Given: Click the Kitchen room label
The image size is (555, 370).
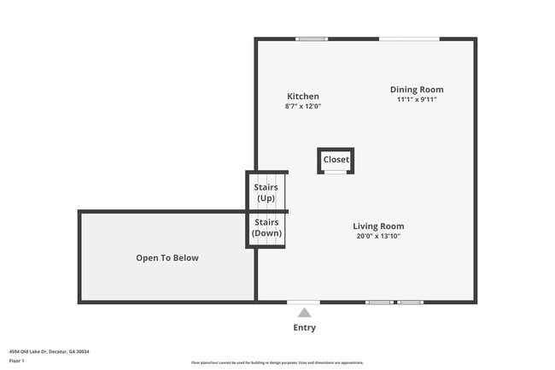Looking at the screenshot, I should coord(303,97).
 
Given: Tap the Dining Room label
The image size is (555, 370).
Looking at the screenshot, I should coord(417,90).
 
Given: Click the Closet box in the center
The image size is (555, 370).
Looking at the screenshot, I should coord(336,160).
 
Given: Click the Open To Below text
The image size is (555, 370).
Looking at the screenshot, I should coord(167,258).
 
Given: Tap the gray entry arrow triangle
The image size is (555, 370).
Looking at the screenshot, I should coord(304,313).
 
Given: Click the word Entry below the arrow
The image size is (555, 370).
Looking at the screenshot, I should coord(304,327).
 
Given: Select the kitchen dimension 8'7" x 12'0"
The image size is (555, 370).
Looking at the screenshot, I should coord(303,107).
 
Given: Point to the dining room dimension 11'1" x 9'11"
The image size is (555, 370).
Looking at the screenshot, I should coord(417,99).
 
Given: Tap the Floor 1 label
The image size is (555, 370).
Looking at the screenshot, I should coord(18,361).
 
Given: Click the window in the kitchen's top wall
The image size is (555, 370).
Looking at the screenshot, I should coord(311,38).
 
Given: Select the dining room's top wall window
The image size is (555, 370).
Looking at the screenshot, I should coord(409,38).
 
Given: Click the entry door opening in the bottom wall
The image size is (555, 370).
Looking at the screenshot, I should coord(303,302).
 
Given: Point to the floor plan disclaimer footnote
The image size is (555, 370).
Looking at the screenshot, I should coord(277,363).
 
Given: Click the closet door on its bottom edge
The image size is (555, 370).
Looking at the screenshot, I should coord(336,173).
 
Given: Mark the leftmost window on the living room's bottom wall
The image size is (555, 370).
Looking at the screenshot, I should coord(379,302).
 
